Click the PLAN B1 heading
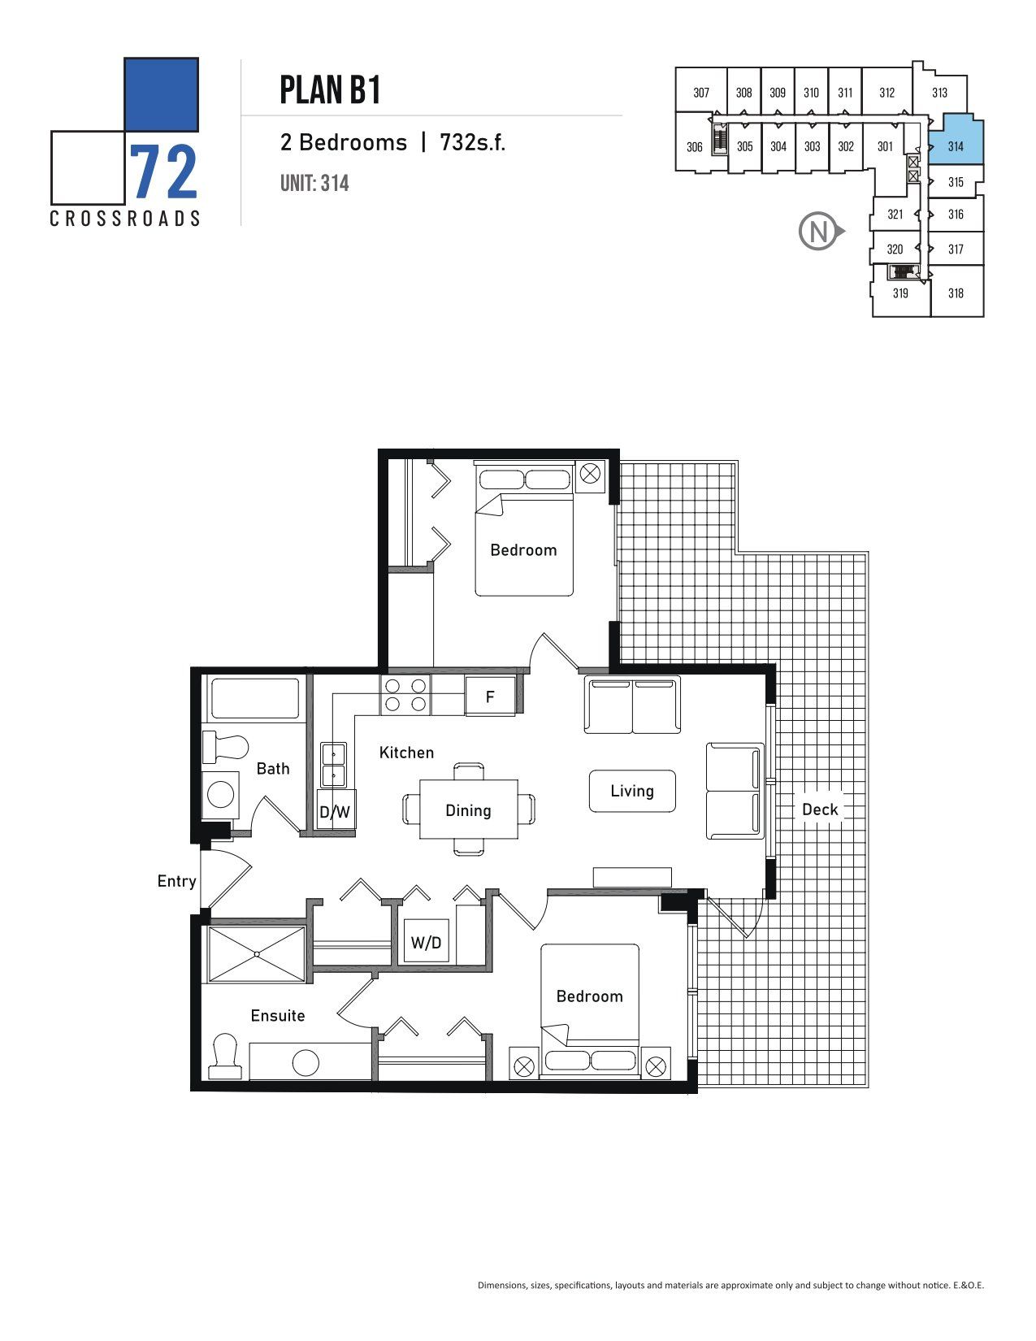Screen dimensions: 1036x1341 [330, 90]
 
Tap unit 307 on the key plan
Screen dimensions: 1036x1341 [701, 93]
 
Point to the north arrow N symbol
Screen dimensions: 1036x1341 [820, 232]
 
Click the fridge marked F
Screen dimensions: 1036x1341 [490, 697]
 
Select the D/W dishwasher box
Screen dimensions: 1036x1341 [335, 812]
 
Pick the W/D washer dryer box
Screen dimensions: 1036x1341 [426, 942]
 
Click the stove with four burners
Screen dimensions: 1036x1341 [405, 696]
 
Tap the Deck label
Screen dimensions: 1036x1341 [819, 809]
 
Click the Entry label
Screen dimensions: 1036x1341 [176, 881]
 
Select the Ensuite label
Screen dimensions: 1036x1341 [278, 1015]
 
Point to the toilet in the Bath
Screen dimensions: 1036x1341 [224, 746]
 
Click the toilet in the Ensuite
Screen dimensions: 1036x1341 [224, 1056]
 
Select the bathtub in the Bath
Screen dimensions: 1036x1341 [255, 698]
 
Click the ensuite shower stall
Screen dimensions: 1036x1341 [257, 954]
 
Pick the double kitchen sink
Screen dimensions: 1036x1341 [334, 765]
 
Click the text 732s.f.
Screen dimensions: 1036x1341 [472, 142]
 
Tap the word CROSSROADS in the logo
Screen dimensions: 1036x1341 [124, 219]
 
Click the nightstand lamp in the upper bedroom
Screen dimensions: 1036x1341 [590, 474]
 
